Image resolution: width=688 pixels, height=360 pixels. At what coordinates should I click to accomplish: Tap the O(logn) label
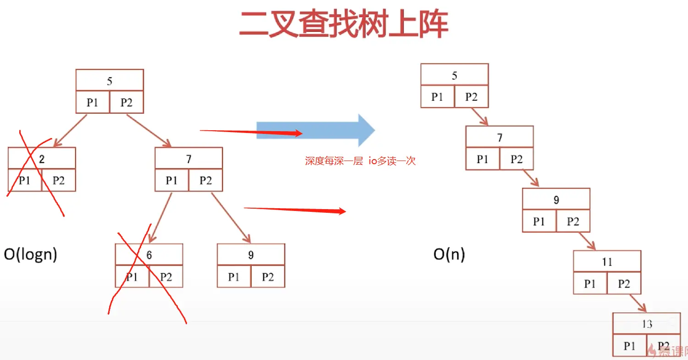[31, 254]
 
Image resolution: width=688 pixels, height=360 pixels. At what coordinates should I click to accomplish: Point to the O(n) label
[449, 255]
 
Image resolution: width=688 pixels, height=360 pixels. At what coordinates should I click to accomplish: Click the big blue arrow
[316, 130]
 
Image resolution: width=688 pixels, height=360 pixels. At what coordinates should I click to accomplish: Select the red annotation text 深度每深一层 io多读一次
[360, 161]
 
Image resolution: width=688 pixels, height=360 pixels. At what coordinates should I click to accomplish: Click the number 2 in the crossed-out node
[42, 159]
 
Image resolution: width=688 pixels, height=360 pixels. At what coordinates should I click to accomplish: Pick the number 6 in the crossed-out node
[149, 255]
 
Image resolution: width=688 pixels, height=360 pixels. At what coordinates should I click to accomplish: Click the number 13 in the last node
[647, 324]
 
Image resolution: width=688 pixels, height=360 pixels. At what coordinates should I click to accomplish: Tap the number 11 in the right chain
[607, 262]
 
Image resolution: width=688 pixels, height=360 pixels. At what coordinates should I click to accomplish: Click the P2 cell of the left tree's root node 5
[127, 103]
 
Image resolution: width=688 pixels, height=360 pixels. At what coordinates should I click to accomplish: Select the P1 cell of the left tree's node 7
[171, 181]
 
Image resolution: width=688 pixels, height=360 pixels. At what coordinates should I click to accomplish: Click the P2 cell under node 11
[624, 284]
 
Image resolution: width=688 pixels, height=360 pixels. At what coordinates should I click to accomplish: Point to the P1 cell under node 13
[630, 346]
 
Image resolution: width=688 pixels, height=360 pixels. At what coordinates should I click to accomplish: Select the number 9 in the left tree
[251, 255]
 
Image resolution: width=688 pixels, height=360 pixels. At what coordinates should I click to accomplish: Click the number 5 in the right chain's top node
[454, 76]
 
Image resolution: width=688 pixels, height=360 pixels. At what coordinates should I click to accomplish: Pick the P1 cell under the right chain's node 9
[539, 222]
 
